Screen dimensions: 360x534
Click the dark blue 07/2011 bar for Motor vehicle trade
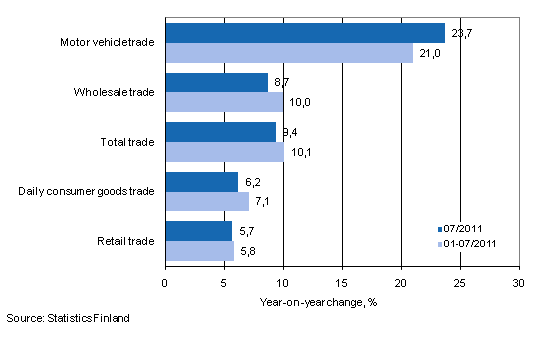(x=304, y=33)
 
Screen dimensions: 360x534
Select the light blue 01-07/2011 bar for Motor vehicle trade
(x=288, y=52)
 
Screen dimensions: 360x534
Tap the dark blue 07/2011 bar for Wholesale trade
(x=216, y=83)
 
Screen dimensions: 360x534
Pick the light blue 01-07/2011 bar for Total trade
(x=224, y=151)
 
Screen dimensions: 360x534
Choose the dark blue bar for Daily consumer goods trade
(x=201, y=181)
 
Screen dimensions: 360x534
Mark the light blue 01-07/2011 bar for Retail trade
(x=199, y=250)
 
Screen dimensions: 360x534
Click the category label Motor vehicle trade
(x=107, y=43)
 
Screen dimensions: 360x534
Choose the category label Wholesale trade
(x=113, y=92)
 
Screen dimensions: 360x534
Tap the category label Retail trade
(x=126, y=240)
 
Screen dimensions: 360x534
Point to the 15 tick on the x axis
(x=342, y=283)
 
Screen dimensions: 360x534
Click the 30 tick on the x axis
(x=519, y=283)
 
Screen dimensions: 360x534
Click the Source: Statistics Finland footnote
(x=66, y=318)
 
